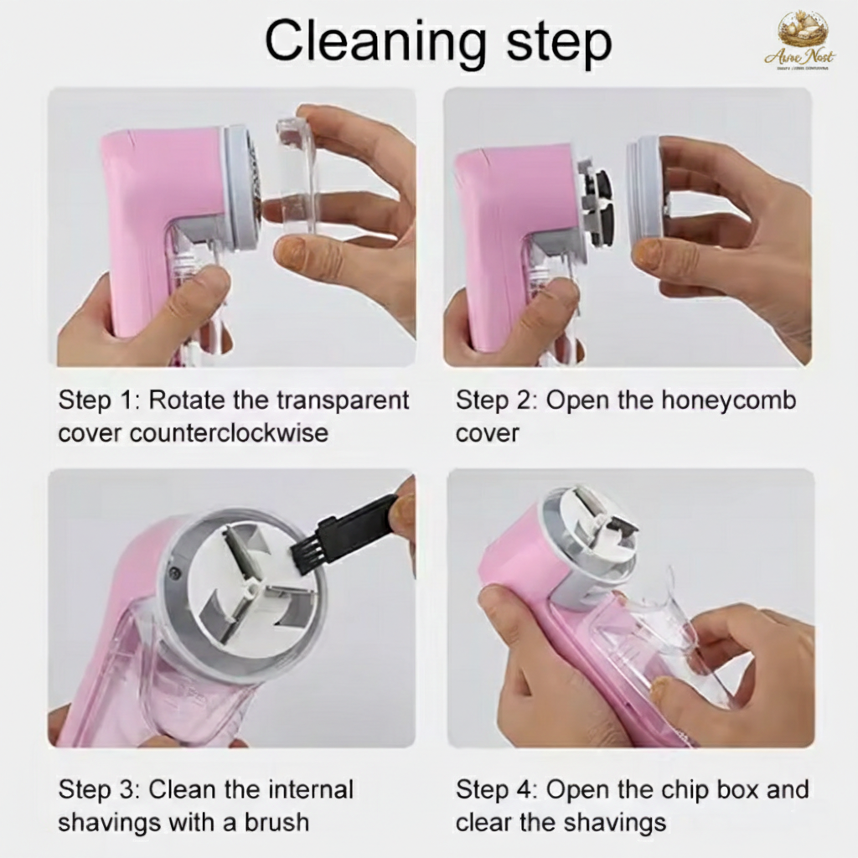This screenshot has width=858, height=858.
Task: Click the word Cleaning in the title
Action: [x=371, y=42]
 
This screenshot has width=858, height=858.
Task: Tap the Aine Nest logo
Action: [x=801, y=39]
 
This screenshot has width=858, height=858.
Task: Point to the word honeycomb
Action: [x=728, y=401]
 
